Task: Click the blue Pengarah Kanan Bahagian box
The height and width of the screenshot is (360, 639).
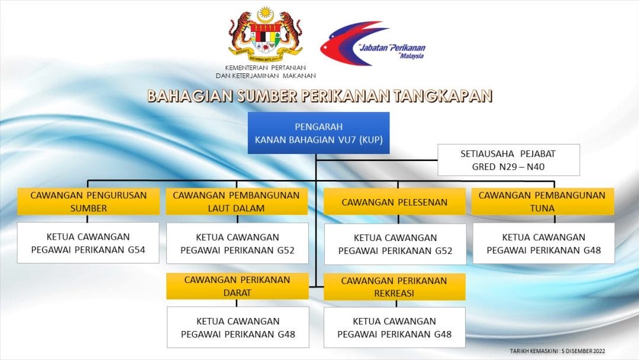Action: point(319,133)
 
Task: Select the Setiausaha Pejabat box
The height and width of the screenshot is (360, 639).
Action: point(509,160)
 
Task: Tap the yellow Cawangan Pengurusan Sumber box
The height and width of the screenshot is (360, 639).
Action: point(88,201)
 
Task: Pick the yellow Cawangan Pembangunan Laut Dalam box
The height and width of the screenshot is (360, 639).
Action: point(236,201)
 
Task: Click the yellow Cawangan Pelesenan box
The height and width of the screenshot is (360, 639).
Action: point(395,202)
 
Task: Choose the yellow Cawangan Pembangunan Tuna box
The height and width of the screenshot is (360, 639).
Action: point(543,201)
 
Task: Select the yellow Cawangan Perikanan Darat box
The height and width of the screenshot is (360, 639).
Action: point(237,286)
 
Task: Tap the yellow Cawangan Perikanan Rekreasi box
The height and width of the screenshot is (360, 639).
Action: point(395,287)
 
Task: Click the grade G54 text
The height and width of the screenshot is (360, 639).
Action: point(137,250)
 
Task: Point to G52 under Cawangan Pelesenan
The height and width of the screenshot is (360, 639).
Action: point(443,250)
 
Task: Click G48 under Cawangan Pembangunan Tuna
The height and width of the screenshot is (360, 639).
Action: point(592,250)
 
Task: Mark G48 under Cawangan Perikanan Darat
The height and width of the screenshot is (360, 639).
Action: point(286,335)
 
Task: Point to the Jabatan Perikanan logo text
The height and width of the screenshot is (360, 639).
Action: point(392,50)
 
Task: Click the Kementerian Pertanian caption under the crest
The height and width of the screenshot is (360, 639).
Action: point(266,72)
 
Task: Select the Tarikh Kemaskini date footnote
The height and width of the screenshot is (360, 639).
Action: point(557,351)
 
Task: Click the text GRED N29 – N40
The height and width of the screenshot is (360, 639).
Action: point(508,167)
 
